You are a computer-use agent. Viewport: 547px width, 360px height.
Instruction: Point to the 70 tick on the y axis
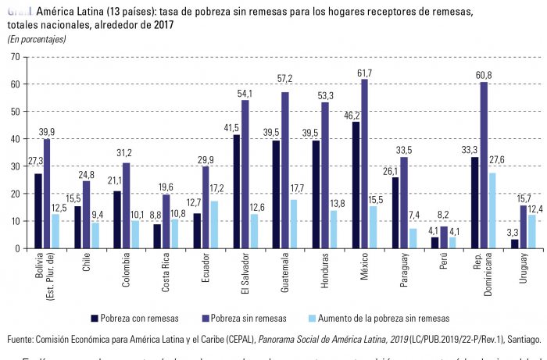pyautogui.click(x=15, y=56)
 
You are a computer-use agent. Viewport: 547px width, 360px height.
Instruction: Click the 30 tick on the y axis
pyautogui.click(x=15, y=166)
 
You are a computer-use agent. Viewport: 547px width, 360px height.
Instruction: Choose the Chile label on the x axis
pyautogui.click(x=86, y=266)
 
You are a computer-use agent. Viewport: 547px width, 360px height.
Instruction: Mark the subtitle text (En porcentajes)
pyautogui.click(x=37, y=38)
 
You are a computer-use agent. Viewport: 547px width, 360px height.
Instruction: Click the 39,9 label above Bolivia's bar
pyautogui.click(x=46, y=131)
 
